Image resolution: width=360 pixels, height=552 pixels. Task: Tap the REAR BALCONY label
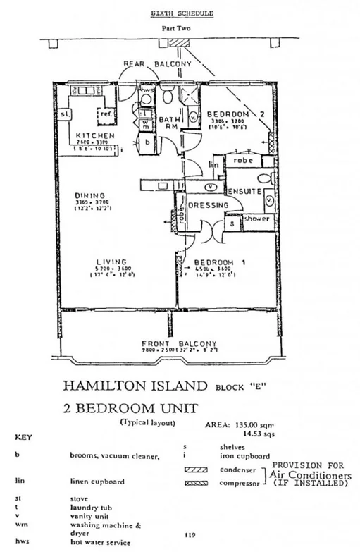[158, 64]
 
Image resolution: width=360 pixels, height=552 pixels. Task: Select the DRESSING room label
[209, 205]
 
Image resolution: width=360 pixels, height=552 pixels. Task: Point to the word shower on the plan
[256, 219]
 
